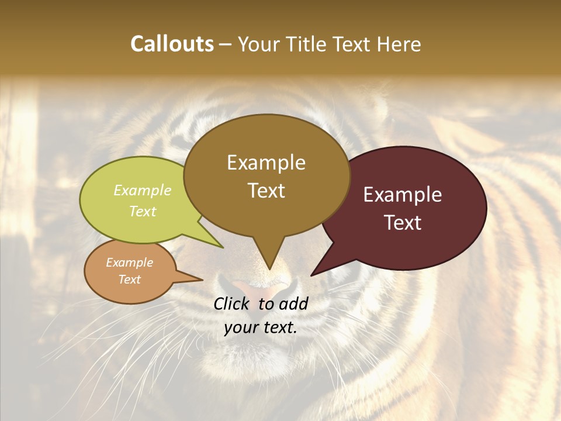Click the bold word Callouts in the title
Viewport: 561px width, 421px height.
(x=172, y=44)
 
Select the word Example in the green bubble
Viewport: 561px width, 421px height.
(x=143, y=190)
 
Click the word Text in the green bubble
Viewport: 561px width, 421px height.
(x=143, y=211)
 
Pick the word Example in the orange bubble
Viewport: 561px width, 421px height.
(x=130, y=263)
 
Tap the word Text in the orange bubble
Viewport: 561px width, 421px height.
(x=130, y=279)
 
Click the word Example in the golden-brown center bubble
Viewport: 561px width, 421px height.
(x=266, y=163)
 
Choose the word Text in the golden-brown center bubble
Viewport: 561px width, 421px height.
(x=266, y=191)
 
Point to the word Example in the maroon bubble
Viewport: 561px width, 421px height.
(x=403, y=195)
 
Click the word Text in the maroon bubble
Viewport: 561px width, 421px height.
(x=403, y=223)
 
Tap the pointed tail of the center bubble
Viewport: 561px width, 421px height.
(x=269, y=263)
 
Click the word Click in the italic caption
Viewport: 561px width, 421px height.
(x=233, y=303)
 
